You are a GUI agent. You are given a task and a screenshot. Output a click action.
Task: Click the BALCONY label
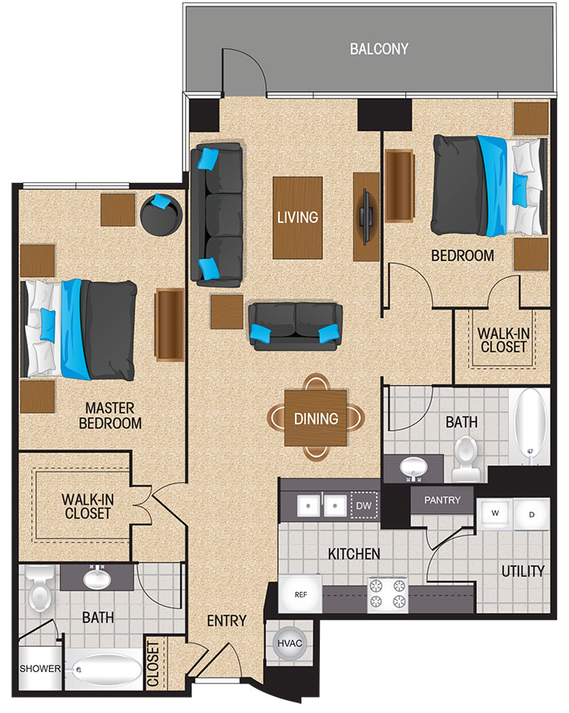tap(378, 49)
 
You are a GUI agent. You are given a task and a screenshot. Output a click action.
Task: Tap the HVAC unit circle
tap(289, 643)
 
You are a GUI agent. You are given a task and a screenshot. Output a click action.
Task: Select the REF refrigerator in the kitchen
tap(300, 594)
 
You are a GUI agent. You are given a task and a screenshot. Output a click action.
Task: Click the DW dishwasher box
tap(364, 505)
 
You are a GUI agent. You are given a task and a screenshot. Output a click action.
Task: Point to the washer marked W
tap(494, 513)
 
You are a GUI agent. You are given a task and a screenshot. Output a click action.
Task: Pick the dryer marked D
tap(531, 514)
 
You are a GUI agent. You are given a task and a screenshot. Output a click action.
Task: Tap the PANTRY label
tap(442, 500)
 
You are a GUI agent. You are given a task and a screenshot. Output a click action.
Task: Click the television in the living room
tap(366, 216)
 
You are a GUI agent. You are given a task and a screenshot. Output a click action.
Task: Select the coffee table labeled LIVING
tap(297, 218)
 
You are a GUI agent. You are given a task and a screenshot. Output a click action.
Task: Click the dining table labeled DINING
tap(316, 417)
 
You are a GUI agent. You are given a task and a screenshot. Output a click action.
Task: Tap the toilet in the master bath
tap(40, 589)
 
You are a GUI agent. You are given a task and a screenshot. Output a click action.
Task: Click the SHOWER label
tap(39, 668)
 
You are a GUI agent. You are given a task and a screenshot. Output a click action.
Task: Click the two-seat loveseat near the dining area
tap(296, 326)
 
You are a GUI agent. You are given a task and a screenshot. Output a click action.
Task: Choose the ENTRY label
tap(226, 620)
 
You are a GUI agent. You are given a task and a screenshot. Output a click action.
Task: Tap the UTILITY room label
tap(523, 571)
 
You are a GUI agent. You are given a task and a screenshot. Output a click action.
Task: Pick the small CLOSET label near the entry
tap(154, 664)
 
